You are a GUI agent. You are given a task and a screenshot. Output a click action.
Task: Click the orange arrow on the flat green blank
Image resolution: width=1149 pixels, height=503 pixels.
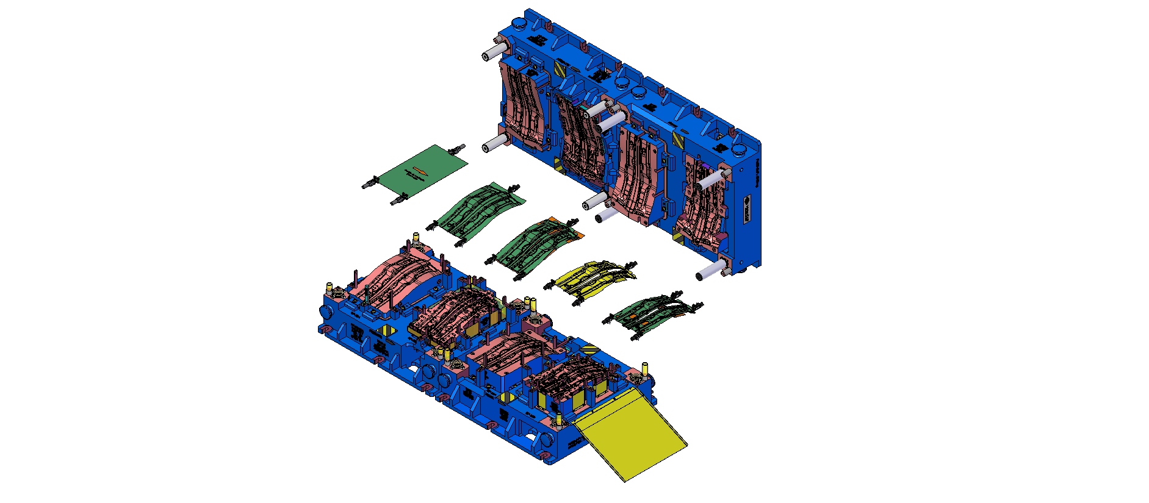point(420,169)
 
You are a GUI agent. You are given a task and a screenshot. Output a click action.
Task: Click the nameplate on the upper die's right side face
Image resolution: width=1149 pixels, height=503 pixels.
point(749,208)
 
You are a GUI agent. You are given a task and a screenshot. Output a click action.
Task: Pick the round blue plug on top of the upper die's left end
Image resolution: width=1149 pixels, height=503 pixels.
point(519,25)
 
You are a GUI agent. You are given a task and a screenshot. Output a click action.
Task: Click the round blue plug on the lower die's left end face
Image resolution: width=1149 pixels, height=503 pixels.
point(325,312)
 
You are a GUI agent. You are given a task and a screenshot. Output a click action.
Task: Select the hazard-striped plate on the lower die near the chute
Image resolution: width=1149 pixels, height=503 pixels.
point(590,351)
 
